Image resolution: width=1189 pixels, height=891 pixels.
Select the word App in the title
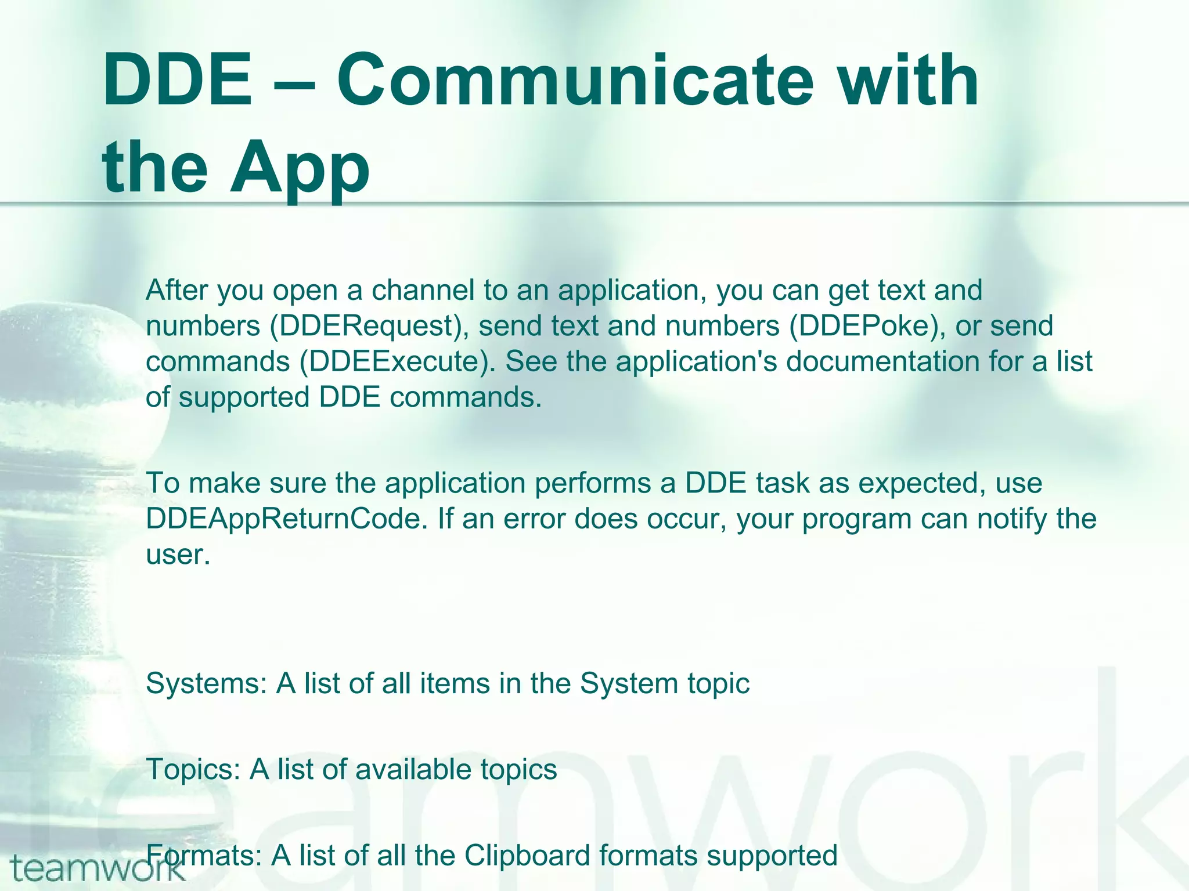[x=300, y=168]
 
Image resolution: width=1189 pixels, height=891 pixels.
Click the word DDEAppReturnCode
[x=283, y=519]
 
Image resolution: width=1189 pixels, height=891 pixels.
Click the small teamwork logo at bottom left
[x=96, y=869]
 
